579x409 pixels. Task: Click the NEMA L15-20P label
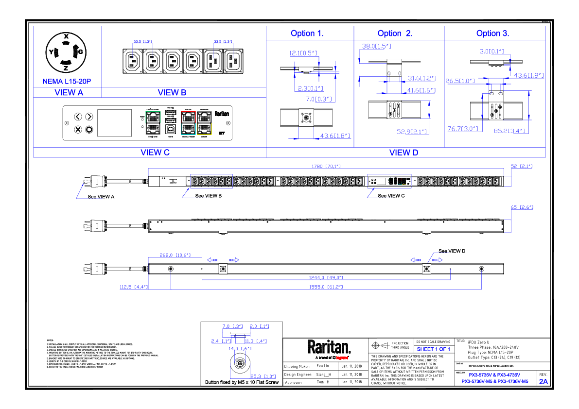(x=67, y=82)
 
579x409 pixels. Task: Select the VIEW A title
(x=69, y=93)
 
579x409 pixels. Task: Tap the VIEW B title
(x=172, y=93)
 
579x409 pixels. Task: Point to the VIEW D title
(x=404, y=153)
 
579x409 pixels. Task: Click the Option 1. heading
(x=307, y=34)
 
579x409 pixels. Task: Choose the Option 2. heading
(x=395, y=34)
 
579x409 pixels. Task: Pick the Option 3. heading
(x=493, y=34)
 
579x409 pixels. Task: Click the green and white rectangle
(x=153, y=123)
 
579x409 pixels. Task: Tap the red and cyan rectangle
(x=188, y=123)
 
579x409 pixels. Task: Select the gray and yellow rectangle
(x=204, y=123)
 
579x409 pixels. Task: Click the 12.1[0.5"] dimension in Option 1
(x=303, y=53)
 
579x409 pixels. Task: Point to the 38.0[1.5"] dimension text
(x=376, y=47)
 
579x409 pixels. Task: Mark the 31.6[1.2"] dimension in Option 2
(x=421, y=78)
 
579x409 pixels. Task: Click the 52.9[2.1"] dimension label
(x=412, y=132)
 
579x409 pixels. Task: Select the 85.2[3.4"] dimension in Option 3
(x=509, y=131)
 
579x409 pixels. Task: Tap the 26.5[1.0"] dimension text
(x=460, y=81)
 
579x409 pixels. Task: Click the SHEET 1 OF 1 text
(x=434, y=350)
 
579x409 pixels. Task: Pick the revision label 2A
(x=543, y=382)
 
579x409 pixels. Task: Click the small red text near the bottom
(x=342, y=358)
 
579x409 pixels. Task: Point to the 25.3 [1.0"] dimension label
(x=263, y=376)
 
